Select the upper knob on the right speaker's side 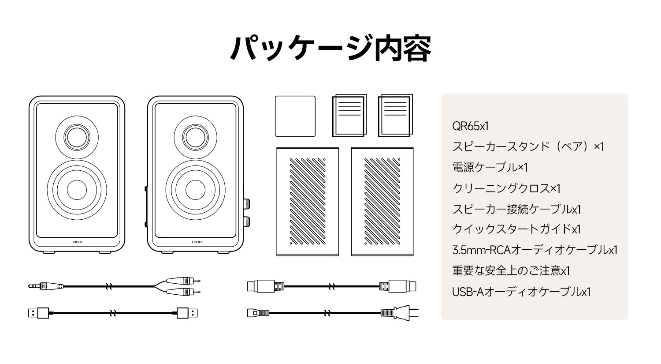[x=246, y=204]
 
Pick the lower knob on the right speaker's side [x=246, y=221]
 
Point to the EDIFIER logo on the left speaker [x=77, y=241]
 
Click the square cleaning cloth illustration [x=295, y=116]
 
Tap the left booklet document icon [x=349, y=116]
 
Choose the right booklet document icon [x=396, y=116]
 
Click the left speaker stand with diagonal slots [x=307, y=202]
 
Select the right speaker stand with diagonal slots [x=382, y=202]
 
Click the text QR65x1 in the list [x=470, y=126]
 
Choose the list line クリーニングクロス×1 [x=506, y=188]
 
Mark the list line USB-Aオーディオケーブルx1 [x=521, y=292]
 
